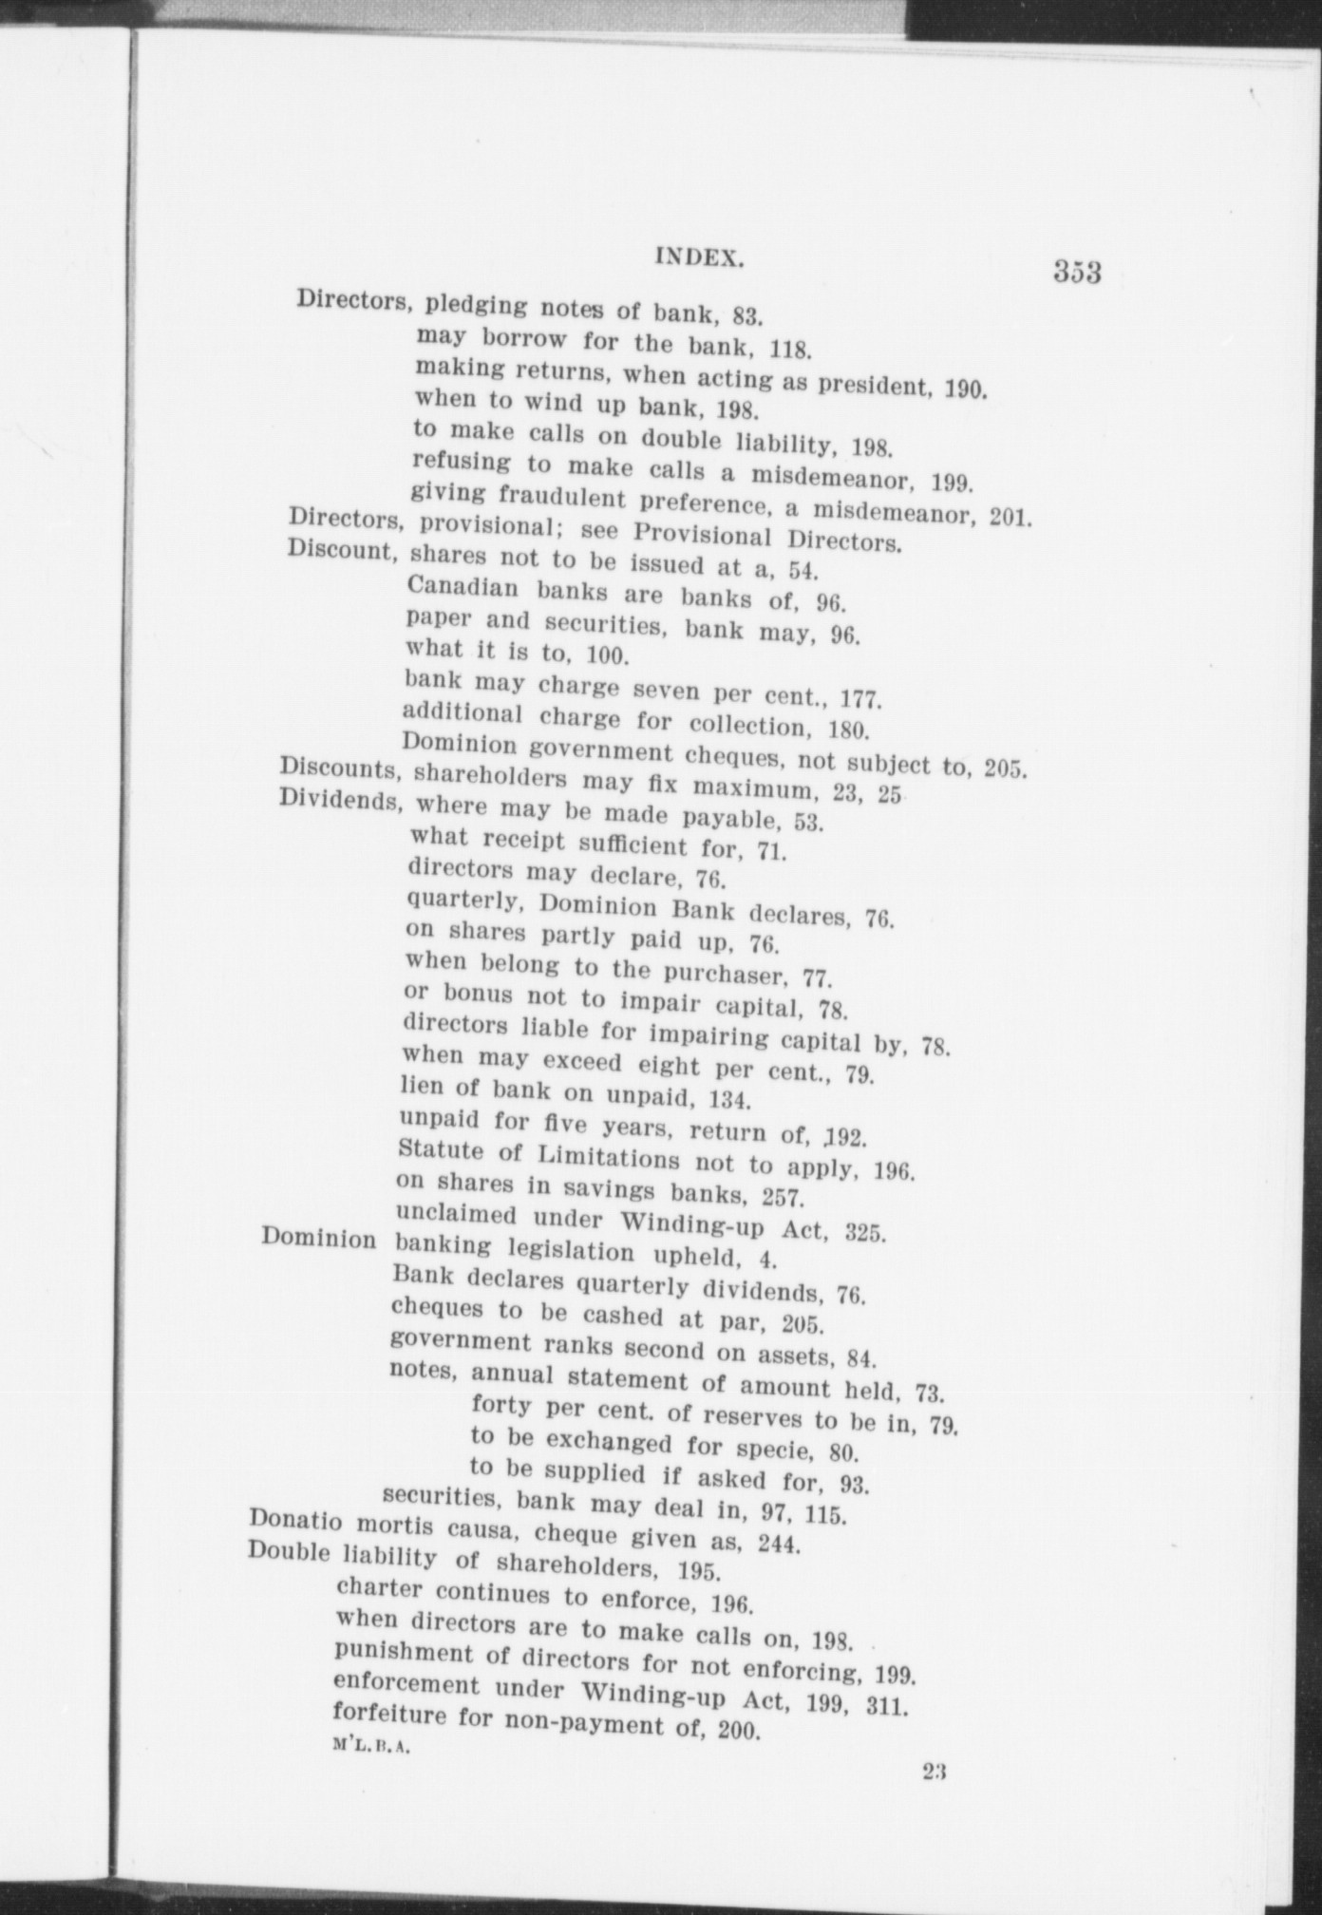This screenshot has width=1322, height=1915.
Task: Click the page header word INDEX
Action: pos(698,256)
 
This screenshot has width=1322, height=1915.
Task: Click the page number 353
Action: pos(1076,272)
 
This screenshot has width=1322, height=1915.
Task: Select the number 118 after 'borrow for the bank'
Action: pos(789,349)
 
